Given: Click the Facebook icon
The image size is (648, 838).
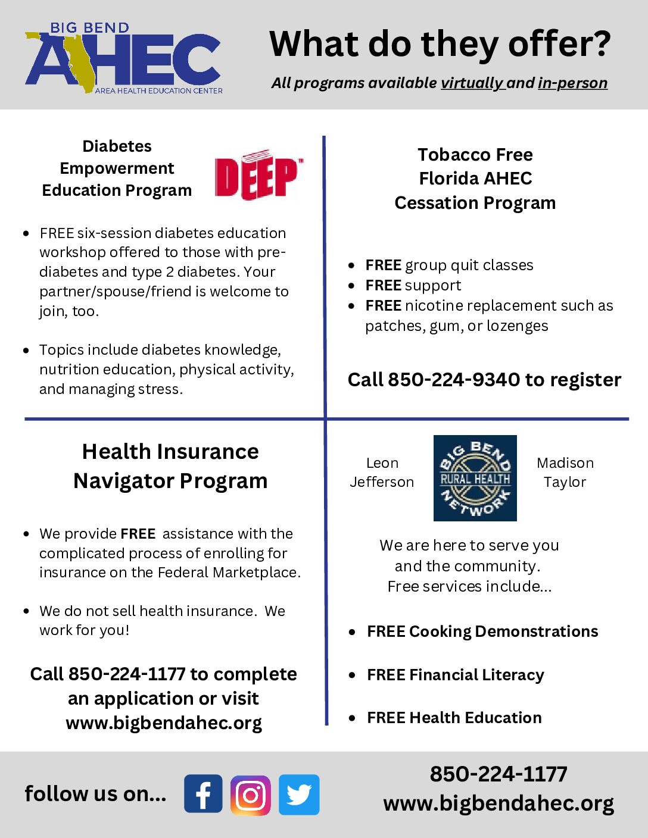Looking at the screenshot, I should [203, 793].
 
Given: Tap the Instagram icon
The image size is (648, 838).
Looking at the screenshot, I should [251, 795].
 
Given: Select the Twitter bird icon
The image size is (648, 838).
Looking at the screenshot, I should [299, 795].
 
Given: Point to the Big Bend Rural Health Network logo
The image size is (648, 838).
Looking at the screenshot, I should [475, 478].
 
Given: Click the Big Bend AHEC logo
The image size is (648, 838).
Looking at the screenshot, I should [124, 60].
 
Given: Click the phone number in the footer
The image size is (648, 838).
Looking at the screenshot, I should [499, 774].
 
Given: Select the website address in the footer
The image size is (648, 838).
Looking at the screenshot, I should [499, 803].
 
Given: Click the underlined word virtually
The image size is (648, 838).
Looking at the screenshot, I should [472, 83].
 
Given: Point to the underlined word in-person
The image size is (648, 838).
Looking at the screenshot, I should [572, 83].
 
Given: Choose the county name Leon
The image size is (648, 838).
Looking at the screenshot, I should [382, 463].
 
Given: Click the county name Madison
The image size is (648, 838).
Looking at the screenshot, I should [565, 463].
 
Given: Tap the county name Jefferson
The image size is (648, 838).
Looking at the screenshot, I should [382, 482].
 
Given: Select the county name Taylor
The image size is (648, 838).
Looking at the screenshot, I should [565, 482].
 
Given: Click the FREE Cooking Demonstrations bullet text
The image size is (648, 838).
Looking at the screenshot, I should [482, 631].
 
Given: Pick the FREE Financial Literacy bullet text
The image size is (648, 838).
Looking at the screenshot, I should [456, 675].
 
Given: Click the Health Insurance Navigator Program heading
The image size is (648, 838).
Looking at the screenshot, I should [170, 466].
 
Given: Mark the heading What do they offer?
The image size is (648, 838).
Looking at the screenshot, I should [440, 44].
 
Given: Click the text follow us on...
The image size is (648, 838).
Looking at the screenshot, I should [95, 793].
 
